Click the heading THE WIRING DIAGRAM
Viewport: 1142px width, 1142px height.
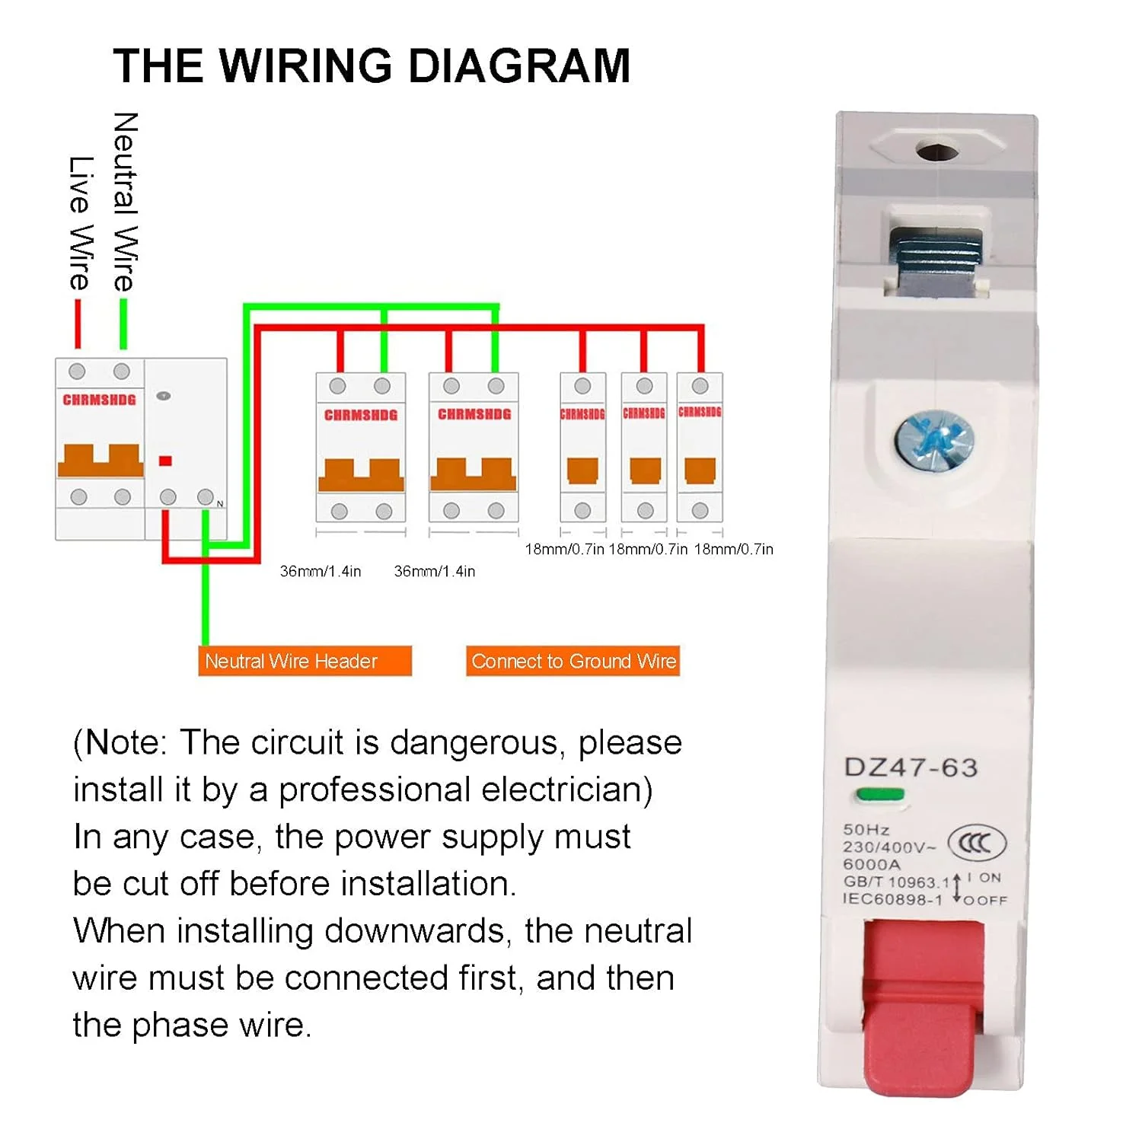372,65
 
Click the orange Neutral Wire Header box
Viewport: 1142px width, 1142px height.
305,661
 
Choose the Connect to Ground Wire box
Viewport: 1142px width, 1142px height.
573,661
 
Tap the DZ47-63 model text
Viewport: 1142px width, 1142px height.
911,767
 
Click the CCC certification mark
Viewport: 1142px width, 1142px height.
977,844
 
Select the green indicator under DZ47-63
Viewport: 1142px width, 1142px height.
879,795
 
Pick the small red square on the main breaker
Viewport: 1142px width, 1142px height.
165,461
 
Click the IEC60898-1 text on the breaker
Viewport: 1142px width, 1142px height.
892,899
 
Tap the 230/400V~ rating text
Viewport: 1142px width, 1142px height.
889,847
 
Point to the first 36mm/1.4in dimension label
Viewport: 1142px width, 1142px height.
321,571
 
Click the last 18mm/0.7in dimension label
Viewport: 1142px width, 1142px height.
733,549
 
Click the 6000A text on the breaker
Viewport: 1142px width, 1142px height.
872,864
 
